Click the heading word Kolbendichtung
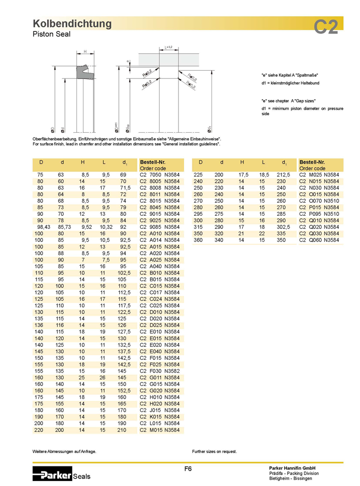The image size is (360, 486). (72, 24)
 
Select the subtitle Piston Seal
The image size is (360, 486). (51, 34)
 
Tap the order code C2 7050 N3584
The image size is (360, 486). (159, 175)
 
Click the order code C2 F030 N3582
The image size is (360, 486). (159, 371)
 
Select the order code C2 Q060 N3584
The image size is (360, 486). (319, 240)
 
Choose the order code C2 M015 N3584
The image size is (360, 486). (159, 430)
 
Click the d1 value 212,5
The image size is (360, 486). (283, 175)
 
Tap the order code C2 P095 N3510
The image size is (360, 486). (319, 214)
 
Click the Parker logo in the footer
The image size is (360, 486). (52, 472)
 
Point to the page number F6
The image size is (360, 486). (188, 469)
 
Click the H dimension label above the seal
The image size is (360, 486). (85, 52)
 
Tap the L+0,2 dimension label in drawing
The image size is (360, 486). (168, 47)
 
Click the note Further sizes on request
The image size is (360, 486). (214, 451)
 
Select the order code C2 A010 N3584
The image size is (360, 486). (159, 233)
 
